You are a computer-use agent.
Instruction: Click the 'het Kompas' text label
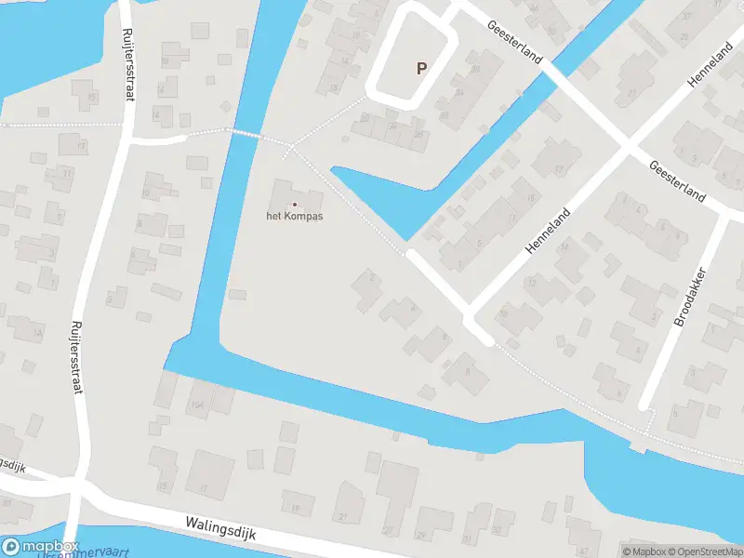(x=295, y=216)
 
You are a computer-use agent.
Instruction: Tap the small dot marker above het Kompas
(x=295, y=205)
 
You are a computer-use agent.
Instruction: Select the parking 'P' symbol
(x=421, y=68)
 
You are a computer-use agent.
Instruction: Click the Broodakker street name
(x=689, y=298)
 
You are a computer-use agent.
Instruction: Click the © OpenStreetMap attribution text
(x=703, y=551)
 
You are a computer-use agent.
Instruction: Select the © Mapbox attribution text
(x=644, y=551)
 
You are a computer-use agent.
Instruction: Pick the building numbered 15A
(x=196, y=406)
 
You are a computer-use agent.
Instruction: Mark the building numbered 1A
(x=38, y=332)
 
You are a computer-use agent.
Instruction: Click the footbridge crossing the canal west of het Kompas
(x=244, y=134)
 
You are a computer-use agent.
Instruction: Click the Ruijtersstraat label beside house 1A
(x=76, y=357)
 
